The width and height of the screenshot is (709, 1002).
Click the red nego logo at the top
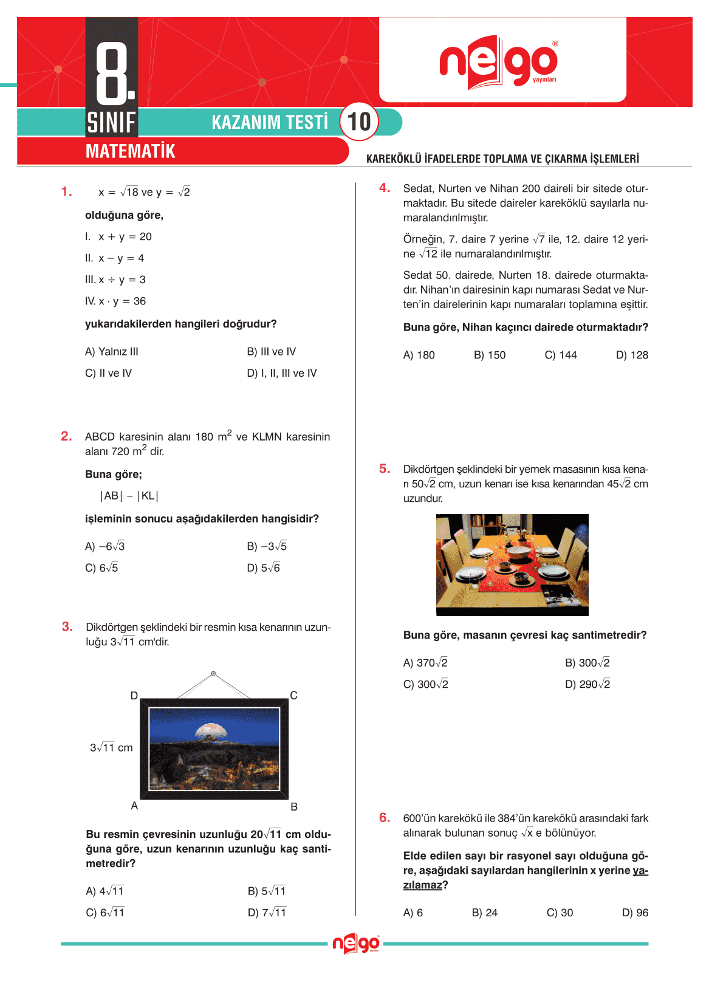coord(498,63)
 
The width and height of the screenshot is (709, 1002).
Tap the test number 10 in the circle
coord(359,122)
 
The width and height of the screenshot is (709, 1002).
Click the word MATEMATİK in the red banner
coord(130,151)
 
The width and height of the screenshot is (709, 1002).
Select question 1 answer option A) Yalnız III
coord(112,352)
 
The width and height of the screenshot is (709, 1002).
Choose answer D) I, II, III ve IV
coord(282,373)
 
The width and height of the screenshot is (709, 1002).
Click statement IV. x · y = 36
coord(115,301)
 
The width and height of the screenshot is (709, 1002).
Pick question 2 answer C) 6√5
coord(101,568)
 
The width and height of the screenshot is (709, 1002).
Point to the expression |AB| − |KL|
coord(129,496)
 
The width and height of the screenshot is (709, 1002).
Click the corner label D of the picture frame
coord(134,696)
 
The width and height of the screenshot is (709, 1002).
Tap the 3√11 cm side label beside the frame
coord(111,747)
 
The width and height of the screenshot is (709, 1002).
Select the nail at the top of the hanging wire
coord(213,674)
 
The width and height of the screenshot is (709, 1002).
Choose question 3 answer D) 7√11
coord(267,913)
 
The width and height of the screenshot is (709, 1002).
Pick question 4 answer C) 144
coord(561,355)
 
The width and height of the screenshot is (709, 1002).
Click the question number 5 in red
coord(384,468)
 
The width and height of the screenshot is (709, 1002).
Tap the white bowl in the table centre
coord(519,552)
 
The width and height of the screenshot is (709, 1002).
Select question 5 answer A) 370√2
coord(425,663)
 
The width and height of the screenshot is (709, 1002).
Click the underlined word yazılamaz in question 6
coord(422,885)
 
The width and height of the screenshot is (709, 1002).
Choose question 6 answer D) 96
coord(635,913)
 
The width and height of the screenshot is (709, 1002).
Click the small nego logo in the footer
coord(356,944)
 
